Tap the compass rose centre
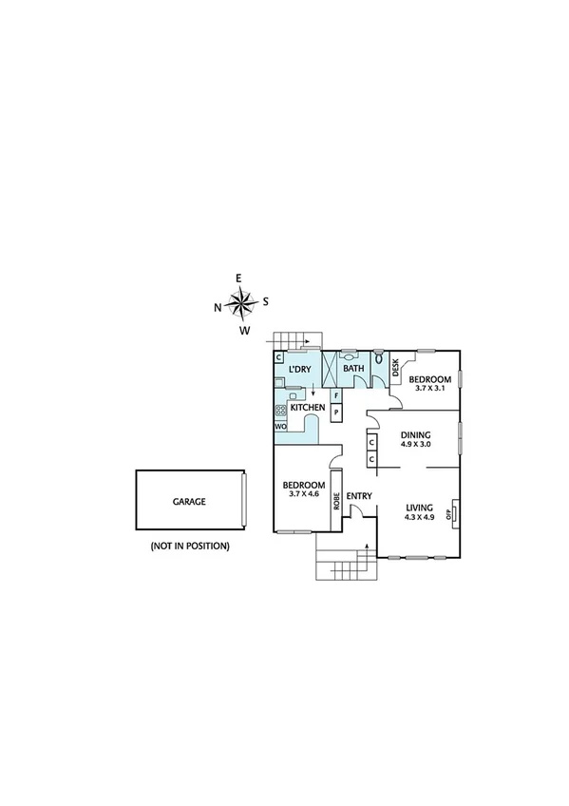tap(243, 304)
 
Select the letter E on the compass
tap(238, 278)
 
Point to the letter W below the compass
tap(244, 331)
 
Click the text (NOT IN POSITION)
tap(189, 547)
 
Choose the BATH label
tap(353, 369)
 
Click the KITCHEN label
tap(308, 408)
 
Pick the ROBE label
tap(336, 501)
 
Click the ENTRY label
tap(358, 496)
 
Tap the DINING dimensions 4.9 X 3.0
tap(415, 444)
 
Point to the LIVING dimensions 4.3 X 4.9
tap(419, 517)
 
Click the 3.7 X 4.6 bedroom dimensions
tap(304, 494)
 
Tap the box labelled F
tap(336, 394)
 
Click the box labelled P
tap(336, 412)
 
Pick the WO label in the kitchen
tap(280, 427)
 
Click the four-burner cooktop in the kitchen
tap(281, 412)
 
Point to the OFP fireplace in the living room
tap(455, 513)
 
